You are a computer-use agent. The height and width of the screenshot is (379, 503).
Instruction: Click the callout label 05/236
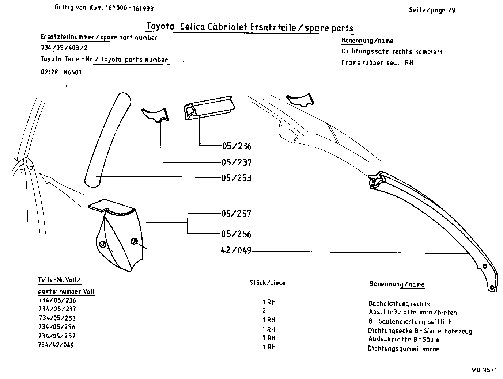point(237,146)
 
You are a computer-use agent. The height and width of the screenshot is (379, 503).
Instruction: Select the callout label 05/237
point(237,162)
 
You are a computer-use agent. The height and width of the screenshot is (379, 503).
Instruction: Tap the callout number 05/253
point(237,178)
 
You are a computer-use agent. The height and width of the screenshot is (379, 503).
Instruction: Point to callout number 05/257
point(237,214)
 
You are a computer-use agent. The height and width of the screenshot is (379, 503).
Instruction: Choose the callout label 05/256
point(237,234)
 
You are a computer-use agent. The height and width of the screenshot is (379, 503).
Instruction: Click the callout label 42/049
point(237,250)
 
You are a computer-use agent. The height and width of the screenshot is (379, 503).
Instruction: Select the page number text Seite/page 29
point(432,10)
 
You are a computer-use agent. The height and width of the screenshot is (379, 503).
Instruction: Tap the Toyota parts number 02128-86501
point(61,72)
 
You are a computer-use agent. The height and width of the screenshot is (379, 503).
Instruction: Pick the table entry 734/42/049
point(56,345)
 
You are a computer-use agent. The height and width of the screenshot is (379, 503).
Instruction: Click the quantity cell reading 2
point(264,311)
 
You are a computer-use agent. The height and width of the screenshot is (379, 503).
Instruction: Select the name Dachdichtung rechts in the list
point(399,304)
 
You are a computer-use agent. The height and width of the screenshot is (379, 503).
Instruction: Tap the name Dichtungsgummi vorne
point(403,349)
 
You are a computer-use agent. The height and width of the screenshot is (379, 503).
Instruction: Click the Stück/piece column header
point(267,283)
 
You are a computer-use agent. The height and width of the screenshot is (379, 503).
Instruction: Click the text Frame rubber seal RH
point(377,62)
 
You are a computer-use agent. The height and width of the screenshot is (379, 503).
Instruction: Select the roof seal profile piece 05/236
point(208,108)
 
